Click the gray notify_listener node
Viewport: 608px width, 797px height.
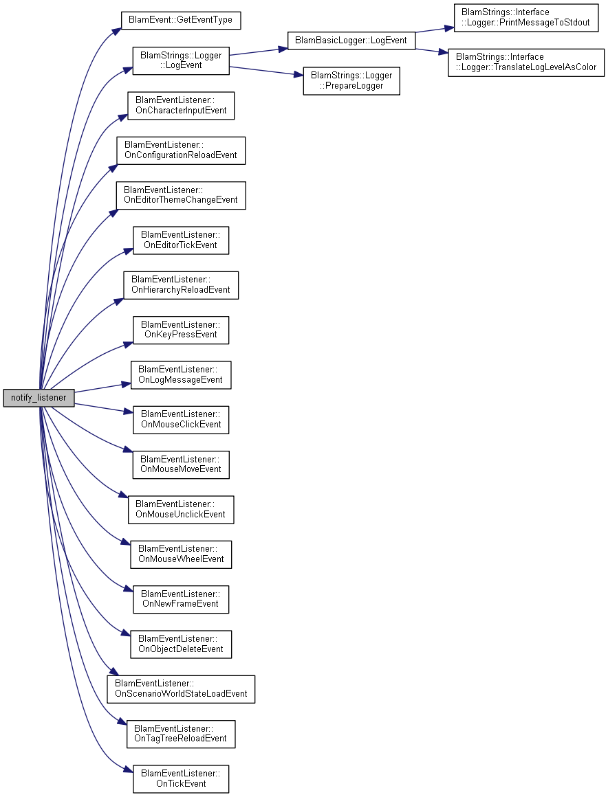39,398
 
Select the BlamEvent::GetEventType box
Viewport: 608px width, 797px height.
181,20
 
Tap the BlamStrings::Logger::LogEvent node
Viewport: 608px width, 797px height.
181,60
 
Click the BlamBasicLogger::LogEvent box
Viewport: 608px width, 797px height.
351,40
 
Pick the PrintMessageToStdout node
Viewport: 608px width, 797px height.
526,18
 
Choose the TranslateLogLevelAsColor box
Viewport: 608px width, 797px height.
526,63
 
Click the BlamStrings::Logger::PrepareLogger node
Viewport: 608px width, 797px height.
351,81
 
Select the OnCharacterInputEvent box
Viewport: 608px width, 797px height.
181,106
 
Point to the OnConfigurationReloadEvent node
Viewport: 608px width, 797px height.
181,150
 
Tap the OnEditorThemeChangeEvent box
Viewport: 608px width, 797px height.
181,195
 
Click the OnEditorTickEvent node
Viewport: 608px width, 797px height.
181,240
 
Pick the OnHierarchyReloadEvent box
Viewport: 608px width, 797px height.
181,285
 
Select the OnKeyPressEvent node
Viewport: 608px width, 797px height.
181,330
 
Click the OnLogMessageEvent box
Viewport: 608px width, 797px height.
181,375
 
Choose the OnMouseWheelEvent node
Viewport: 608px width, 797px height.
181,554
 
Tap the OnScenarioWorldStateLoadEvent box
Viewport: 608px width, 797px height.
181,689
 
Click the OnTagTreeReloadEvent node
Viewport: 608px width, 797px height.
181,734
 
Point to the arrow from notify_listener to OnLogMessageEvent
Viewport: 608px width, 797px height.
102,388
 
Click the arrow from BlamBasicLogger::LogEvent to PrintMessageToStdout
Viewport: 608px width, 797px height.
435,30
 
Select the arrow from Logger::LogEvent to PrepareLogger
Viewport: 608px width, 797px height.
266,71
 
